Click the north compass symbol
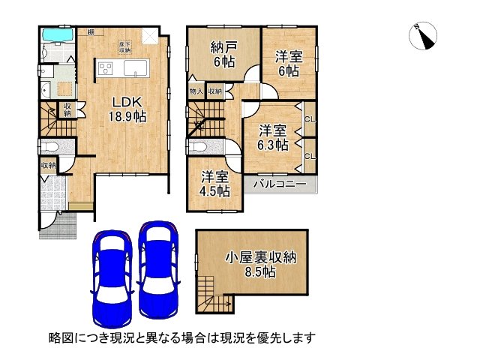tap(424, 35)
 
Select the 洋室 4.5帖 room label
tap(215, 184)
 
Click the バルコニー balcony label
tap(277, 184)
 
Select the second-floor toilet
tap(200, 146)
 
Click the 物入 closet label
tap(195, 91)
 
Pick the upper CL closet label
tap(308, 118)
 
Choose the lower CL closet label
tap(308, 155)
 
